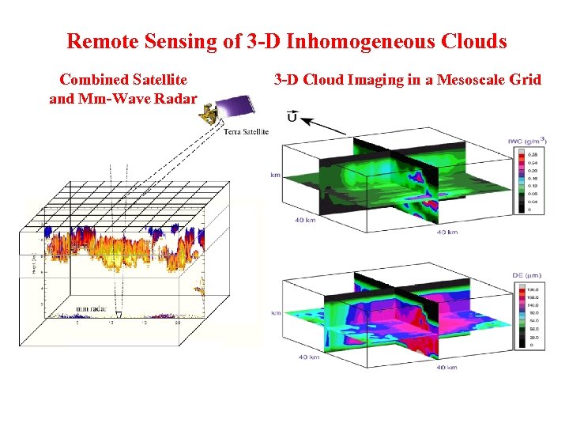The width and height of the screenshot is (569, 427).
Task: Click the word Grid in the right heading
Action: (524, 79)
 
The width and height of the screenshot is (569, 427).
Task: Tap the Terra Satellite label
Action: (246, 132)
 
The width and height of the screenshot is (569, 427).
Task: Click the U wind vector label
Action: (292, 119)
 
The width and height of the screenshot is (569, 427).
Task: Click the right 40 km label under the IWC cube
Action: (447, 232)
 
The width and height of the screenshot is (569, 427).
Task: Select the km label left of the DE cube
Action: (275, 313)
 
